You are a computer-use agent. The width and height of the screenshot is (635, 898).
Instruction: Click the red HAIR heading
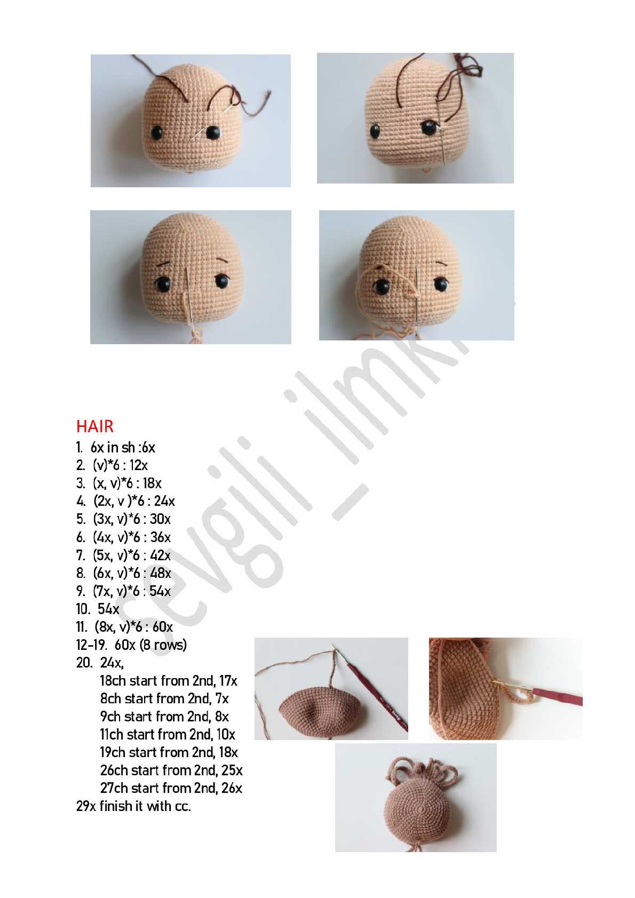coord(95,426)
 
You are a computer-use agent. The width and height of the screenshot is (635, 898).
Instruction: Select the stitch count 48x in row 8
coord(161,573)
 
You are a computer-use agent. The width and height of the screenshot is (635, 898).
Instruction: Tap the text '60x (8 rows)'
coord(150,645)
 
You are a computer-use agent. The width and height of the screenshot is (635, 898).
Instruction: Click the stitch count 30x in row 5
coord(161,519)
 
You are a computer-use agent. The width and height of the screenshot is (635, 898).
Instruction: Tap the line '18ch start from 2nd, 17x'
coord(169,681)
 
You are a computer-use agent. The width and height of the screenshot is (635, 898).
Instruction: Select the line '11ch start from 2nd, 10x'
coord(168,734)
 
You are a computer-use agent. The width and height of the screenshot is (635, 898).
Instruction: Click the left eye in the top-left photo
coord(156,132)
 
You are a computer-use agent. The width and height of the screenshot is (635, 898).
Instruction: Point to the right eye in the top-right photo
coord(429,128)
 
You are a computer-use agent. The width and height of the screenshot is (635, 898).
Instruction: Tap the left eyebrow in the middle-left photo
coord(164,264)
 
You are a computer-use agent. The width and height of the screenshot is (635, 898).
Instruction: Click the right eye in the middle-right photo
coord(441,284)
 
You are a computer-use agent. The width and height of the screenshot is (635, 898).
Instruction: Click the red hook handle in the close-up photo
coord(557,696)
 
